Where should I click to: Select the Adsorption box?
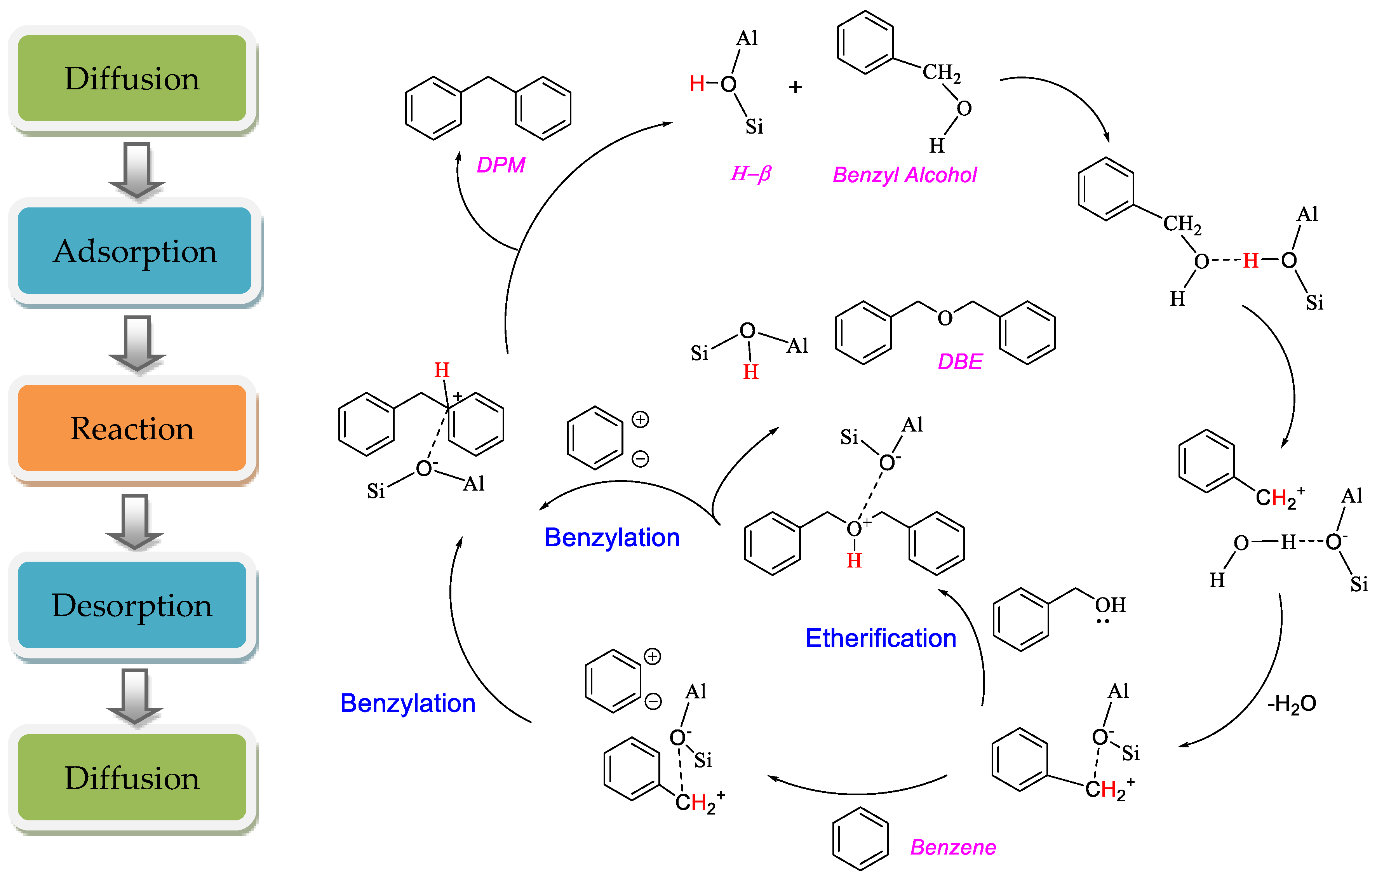coord(135,251)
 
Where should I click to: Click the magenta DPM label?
coord(500,165)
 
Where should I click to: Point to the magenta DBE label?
coord(959,361)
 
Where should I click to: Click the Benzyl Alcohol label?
coord(904,175)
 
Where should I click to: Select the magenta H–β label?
coord(750,173)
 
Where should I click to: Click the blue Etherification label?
coord(880,638)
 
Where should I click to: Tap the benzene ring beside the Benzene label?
coord(860,838)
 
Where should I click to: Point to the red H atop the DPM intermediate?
coord(441,370)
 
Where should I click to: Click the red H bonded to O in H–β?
coord(696,84)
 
